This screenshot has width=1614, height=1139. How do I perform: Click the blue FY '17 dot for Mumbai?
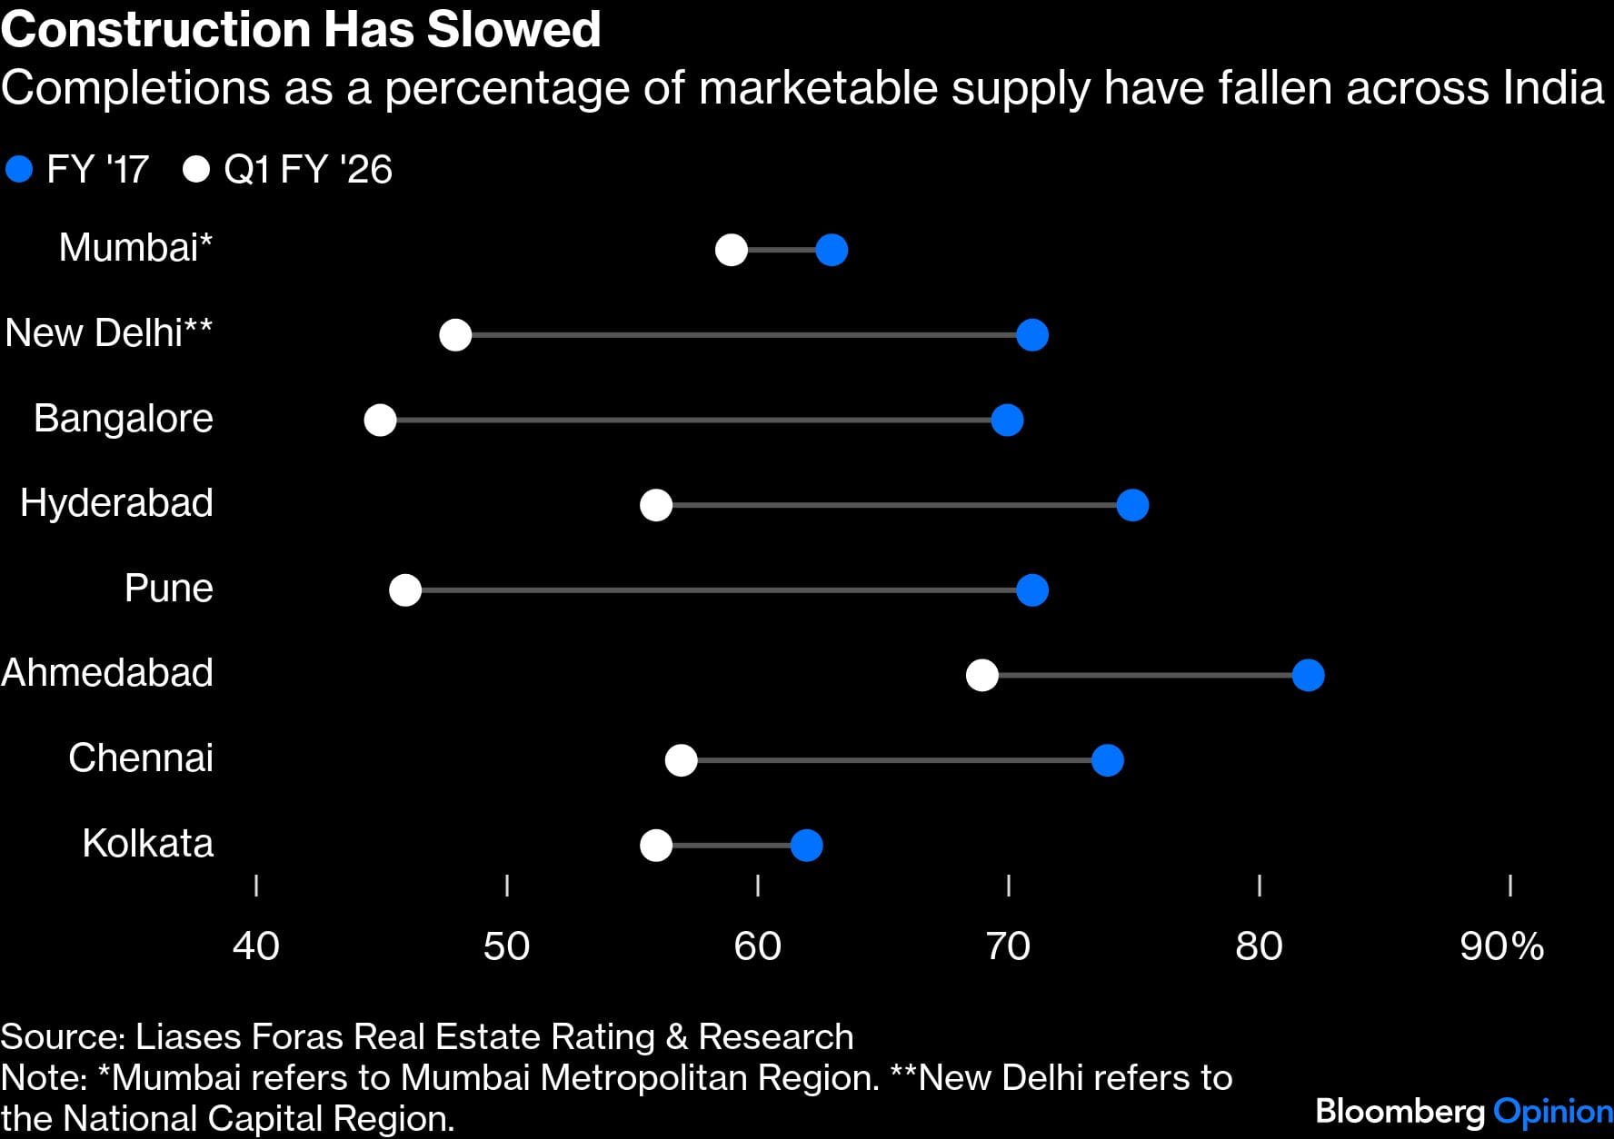coord(832,250)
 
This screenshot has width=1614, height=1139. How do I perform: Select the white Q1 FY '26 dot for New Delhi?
coord(455,335)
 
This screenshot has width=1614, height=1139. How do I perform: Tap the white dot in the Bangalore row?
coord(380,421)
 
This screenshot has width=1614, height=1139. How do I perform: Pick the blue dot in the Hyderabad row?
coord(1132,505)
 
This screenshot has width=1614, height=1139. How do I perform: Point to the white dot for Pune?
coord(405,590)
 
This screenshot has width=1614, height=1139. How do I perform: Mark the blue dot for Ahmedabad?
coord(1308,675)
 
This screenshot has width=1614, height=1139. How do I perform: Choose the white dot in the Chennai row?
coord(682,760)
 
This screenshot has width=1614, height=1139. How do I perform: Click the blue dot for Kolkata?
coord(807,846)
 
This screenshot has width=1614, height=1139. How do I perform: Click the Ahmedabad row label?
coord(107,673)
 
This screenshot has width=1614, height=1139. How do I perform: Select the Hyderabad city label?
coord(116,503)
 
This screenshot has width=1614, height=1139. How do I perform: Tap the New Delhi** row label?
coord(108,333)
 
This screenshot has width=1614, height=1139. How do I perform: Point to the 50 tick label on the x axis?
coord(506,946)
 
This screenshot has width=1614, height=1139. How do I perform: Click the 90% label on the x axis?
coord(1501,946)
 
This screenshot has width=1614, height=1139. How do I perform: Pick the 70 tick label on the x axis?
coord(1008,946)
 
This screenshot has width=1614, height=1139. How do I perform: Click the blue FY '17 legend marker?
coord(19,170)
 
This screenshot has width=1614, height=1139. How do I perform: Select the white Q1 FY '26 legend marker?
coord(196,170)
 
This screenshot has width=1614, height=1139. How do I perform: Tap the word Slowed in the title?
coord(514,29)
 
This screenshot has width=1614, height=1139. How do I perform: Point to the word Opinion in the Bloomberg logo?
coord(1553,1112)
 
